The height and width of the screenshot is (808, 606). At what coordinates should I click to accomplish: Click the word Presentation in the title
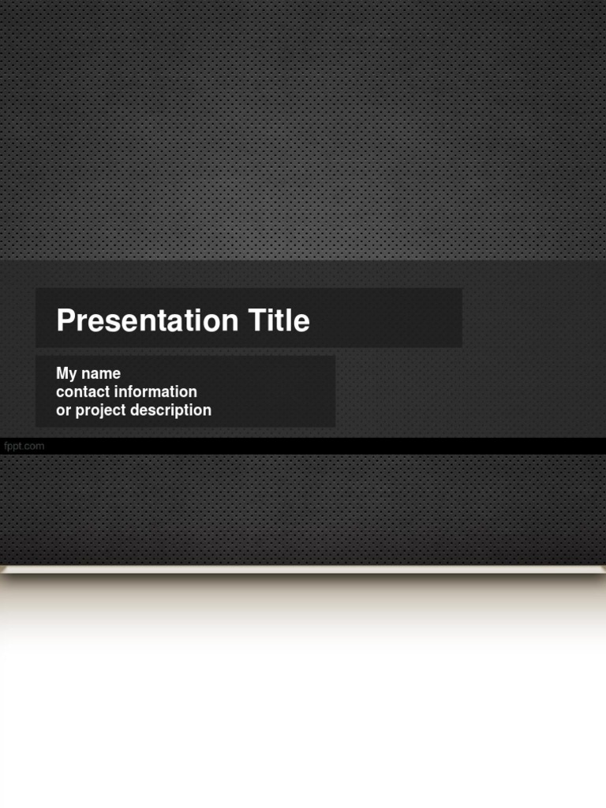(x=147, y=321)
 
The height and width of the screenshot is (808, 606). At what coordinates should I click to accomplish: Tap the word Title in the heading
(x=279, y=320)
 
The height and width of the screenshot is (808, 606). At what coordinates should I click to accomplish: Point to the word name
(x=101, y=374)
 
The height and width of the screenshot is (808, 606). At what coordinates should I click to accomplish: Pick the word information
(x=155, y=392)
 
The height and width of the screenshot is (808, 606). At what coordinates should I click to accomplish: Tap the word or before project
(x=63, y=411)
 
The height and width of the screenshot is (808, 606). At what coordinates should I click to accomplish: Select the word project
(x=101, y=411)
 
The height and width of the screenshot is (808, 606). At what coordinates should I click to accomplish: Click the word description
(x=171, y=410)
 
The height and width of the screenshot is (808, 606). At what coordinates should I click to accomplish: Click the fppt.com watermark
(x=24, y=446)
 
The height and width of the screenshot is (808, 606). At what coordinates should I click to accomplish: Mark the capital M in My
(x=62, y=374)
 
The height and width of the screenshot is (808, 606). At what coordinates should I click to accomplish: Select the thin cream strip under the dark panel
(x=303, y=569)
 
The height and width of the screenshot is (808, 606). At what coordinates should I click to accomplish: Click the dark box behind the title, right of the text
(x=387, y=318)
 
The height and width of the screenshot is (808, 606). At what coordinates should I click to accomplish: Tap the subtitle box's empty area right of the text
(x=276, y=391)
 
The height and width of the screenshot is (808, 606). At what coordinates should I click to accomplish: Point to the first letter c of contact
(x=60, y=393)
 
